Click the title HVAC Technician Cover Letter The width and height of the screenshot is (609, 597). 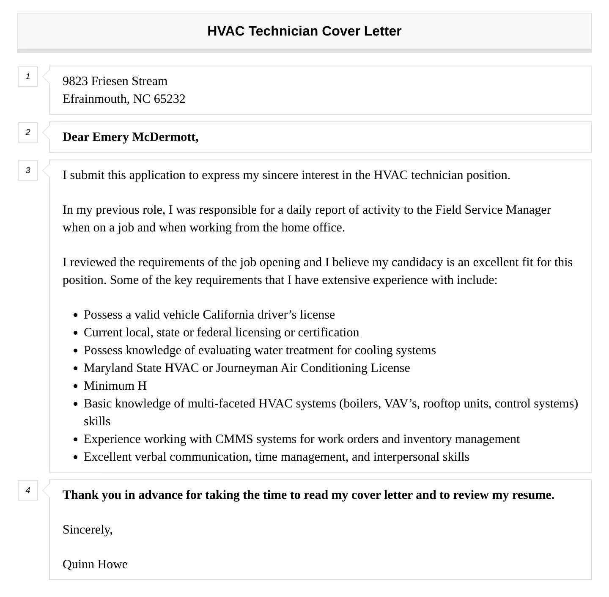(x=304, y=31)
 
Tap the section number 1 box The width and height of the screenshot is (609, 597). (x=28, y=77)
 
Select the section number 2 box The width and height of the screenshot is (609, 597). (x=28, y=132)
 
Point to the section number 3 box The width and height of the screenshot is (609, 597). (x=28, y=171)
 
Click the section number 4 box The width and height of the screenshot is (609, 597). (x=28, y=490)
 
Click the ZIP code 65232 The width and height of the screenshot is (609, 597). (x=169, y=99)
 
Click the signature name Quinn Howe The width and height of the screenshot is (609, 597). (x=95, y=564)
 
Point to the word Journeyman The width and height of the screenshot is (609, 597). (x=247, y=368)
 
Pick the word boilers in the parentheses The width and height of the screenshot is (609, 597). (x=361, y=404)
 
